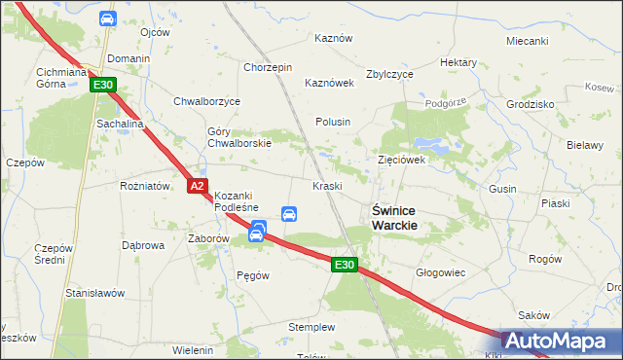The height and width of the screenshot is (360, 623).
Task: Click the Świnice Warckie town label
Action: pyautogui.click(x=395, y=217)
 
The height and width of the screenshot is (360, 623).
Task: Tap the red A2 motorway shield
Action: pyautogui.click(x=198, y=185)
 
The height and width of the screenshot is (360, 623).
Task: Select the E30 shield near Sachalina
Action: pyautogui.click(x=104, y=86)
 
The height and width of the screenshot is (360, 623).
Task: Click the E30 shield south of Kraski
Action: pyautogui.click(x=344, y=264)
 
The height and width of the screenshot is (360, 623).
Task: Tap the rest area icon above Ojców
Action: pyautogui.click(x=107, y=18)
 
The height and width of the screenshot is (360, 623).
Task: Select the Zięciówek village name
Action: pyautogui.click(x=401, y=160)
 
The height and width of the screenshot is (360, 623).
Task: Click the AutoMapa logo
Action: pyautogui.click(x=562, y=341)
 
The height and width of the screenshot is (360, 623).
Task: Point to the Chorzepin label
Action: pyautogui.click(x=268, y=67)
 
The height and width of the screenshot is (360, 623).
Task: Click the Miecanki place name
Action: pyautogui.click(x=528, y=41)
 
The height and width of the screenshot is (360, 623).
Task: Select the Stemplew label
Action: pyautogui.click(x=311, y=327)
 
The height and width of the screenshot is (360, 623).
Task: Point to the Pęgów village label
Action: pyautogui.click(x=252, y=275)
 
